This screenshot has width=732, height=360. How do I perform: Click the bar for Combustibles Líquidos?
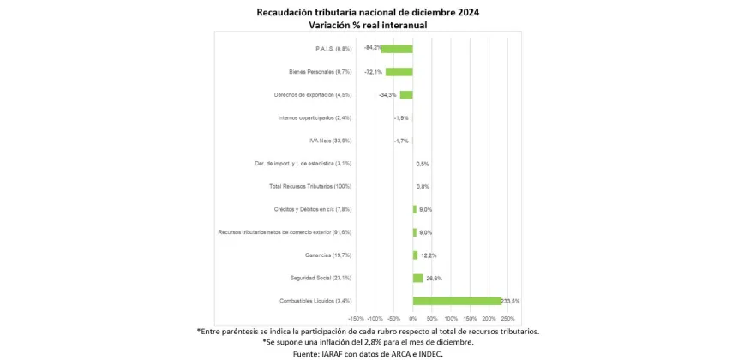(x=457, y=301)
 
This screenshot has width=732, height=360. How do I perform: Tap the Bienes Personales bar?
(x=399, y=72)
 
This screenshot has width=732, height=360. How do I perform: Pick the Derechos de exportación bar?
(x=406, y=95)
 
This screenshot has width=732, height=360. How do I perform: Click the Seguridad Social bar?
(x=417, y=278)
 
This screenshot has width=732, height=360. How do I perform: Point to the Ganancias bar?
(x=415, y=255)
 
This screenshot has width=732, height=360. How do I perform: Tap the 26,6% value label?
(x=433, y=278)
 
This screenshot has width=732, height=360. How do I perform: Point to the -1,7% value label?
(x=400, y=141)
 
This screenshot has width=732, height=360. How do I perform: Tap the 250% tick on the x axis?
(x=507, y=318)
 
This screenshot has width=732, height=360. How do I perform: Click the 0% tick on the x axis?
(x=413, y=318)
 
